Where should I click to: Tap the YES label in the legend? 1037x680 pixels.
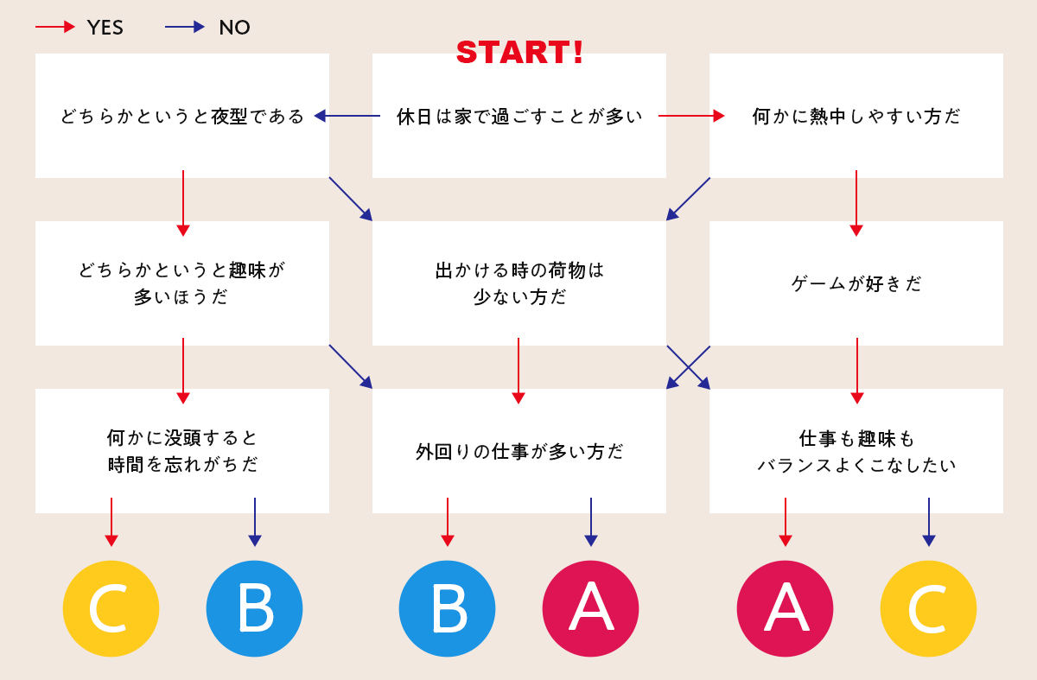tap(105, 28)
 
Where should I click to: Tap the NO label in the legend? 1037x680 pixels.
tap(234, 28)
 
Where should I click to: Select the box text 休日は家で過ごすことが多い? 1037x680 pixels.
tap(519, 116)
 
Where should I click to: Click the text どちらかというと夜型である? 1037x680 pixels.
tap(182, 116)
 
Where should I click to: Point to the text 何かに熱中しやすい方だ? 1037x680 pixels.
tap(856, 116)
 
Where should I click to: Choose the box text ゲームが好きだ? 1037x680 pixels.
tap(856, 283)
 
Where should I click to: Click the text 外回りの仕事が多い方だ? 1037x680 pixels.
tap(519, 451)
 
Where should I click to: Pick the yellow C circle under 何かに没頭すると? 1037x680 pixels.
tap(111, 608)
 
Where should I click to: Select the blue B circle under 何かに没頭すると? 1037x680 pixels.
tap(255, 608)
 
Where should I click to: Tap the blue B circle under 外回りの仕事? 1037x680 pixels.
tap(448, 608)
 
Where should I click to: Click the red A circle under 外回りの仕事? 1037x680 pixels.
tap(591, 608)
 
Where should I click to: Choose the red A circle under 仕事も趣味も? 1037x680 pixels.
tap(786, 608)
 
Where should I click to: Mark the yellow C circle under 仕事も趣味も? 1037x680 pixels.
tap(929, 608)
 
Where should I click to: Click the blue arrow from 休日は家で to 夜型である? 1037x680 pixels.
tap(347, 116)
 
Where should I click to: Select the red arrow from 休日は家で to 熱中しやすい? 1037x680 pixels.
tap(691, 116)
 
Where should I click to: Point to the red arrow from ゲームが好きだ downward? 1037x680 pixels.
tap(857, 371)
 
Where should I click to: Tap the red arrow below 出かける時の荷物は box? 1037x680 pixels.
tap(518, 371)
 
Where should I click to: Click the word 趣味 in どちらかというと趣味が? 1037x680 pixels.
tap(247, 270)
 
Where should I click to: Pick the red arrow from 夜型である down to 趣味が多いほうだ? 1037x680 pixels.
tap(183, 203)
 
